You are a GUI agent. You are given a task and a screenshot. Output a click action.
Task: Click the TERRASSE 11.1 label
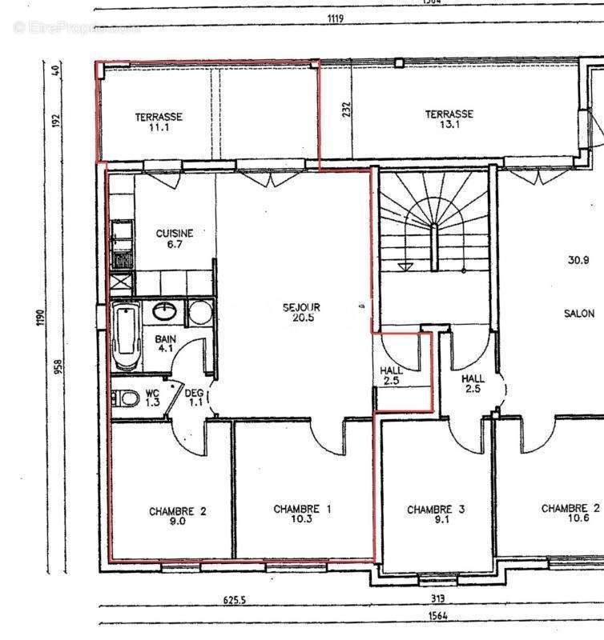(x=159, y=122)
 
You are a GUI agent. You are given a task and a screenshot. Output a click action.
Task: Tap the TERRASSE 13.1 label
(x=449, y=119)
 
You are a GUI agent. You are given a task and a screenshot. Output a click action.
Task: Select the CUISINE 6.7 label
(x=174, y=238)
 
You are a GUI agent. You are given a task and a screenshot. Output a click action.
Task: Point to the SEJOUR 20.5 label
(x=301, y=311)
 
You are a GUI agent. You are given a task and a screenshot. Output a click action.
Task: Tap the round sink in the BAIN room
(x=168, y=310)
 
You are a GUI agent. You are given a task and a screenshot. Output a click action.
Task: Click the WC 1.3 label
(x=152, y=398)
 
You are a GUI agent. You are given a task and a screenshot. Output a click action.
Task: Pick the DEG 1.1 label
(x=194, y=397)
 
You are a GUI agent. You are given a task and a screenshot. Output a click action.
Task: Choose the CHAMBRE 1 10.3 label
(x=302, y=514)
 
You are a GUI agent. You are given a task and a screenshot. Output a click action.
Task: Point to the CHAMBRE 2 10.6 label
(x=570, y=513)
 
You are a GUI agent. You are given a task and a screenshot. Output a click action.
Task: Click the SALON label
(x=579, y=314)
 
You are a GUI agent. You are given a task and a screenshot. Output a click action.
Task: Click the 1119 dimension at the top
(x=336, y=18)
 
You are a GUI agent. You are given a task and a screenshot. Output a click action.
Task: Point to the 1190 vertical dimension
(x=39, y=318)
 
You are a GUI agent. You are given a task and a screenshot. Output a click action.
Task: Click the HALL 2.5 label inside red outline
(x=392, y=376)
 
